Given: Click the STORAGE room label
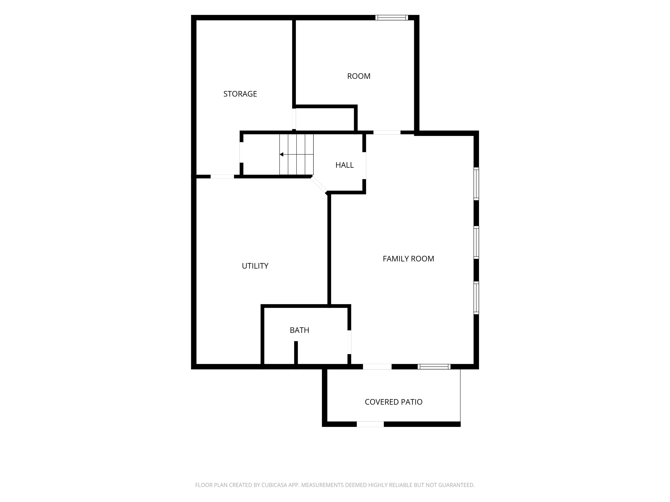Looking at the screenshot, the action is tap(240, 94).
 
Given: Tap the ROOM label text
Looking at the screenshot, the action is tap(359, 76).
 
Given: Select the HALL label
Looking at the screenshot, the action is tap(344, 165).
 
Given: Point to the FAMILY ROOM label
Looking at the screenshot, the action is tap(408, 259).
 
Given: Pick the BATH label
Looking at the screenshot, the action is tap(299, 330).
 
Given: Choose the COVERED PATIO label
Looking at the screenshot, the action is tap(393, 402).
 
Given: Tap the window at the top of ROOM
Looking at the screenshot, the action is tap(392, 18).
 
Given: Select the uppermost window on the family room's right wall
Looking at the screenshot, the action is tap(476, 184).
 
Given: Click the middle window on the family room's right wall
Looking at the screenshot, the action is tap(476, 242).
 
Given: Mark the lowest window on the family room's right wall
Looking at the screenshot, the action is tap(476, 298).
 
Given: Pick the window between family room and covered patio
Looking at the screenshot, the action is tap(434, 367).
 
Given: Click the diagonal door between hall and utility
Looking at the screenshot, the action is tap(319, 184).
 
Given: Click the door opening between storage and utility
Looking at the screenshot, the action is tap(222, 177).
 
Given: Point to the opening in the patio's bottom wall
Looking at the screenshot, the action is tap(370, 424).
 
